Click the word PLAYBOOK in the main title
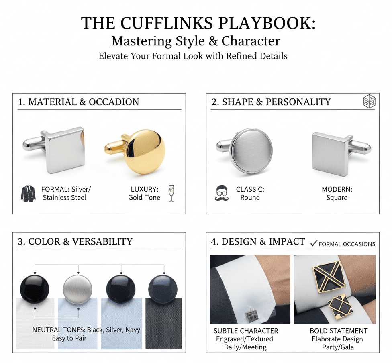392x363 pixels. (x=267, y=23)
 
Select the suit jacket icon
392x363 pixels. (x=28, y=194)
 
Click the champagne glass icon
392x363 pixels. (x=171, y=194)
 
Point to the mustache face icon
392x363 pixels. (x=222, y=193)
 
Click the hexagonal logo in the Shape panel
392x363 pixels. (x=369, y=102)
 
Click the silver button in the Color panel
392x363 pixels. (x=78, y=290)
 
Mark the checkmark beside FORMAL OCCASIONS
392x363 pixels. (x=314, y=243)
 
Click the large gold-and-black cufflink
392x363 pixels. (x=329, y=277)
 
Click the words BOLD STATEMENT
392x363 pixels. (x=339, y=331)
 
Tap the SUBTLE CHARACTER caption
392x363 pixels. (x=246, y=331)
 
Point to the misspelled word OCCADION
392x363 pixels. (x=114, y=102)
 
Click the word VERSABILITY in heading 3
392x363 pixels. (x=102, y=241)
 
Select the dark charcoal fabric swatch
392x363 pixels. (x=163, y=324)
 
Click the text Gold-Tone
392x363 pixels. (x=144, y=198)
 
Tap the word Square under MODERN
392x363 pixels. (x=337, y=198)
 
